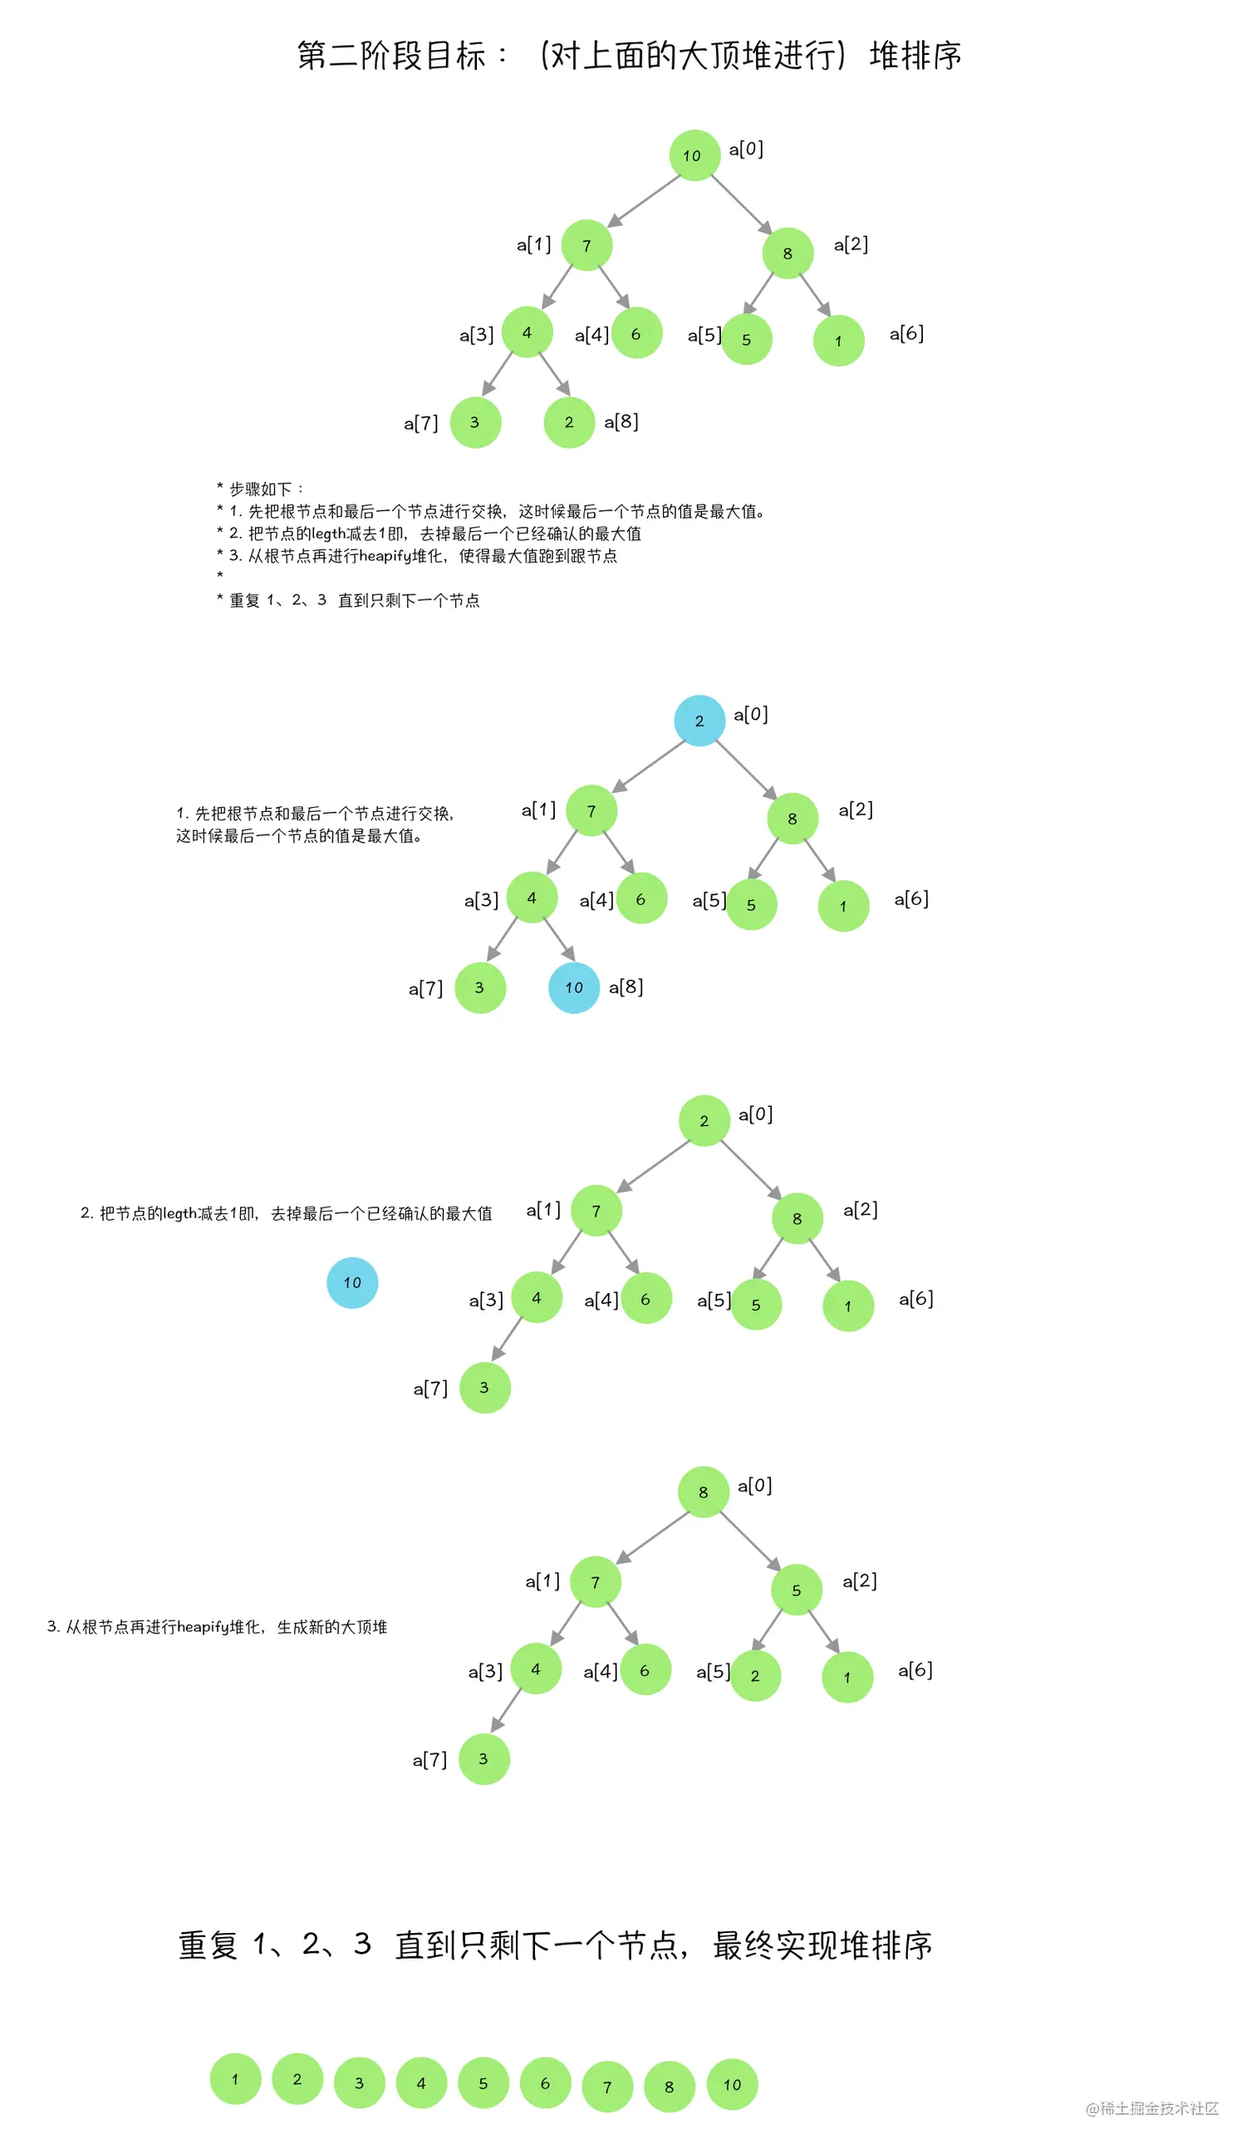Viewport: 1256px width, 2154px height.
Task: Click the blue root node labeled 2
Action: pyautogui.click(x=699, y=720)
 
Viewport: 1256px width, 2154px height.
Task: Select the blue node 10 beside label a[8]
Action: pyautogui.click(x=573, y=987)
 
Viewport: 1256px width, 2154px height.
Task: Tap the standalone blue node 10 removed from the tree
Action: pyautogui.click(x=352, y=1282)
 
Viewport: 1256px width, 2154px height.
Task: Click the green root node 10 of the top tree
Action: pyautogui.click(x=694, y=155)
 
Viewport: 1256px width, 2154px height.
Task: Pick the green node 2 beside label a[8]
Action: pyautogui.click(x=568, y=422)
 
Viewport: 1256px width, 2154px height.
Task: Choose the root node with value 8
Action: pyautogui.click(x=704, y=1492)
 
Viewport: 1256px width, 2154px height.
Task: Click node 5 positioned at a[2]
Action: pyautogui.click(x=796, y=1590)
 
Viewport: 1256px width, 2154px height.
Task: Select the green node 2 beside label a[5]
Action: pyautogui.click(x=755, y=1675)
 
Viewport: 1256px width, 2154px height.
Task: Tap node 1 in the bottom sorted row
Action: pyautogui.click(x=235, y=2078)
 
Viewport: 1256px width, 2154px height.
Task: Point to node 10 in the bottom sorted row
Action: pyautogui.click(x=732, y=2085)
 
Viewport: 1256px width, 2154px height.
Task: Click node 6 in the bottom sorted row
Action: pyautogui.click(x=545, y=2083)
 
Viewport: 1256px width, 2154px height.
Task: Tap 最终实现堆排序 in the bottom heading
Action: pyautogui.click(x=822, y=1945)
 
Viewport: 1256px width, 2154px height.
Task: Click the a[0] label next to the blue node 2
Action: pyautogui.click(x=750, y=715)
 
